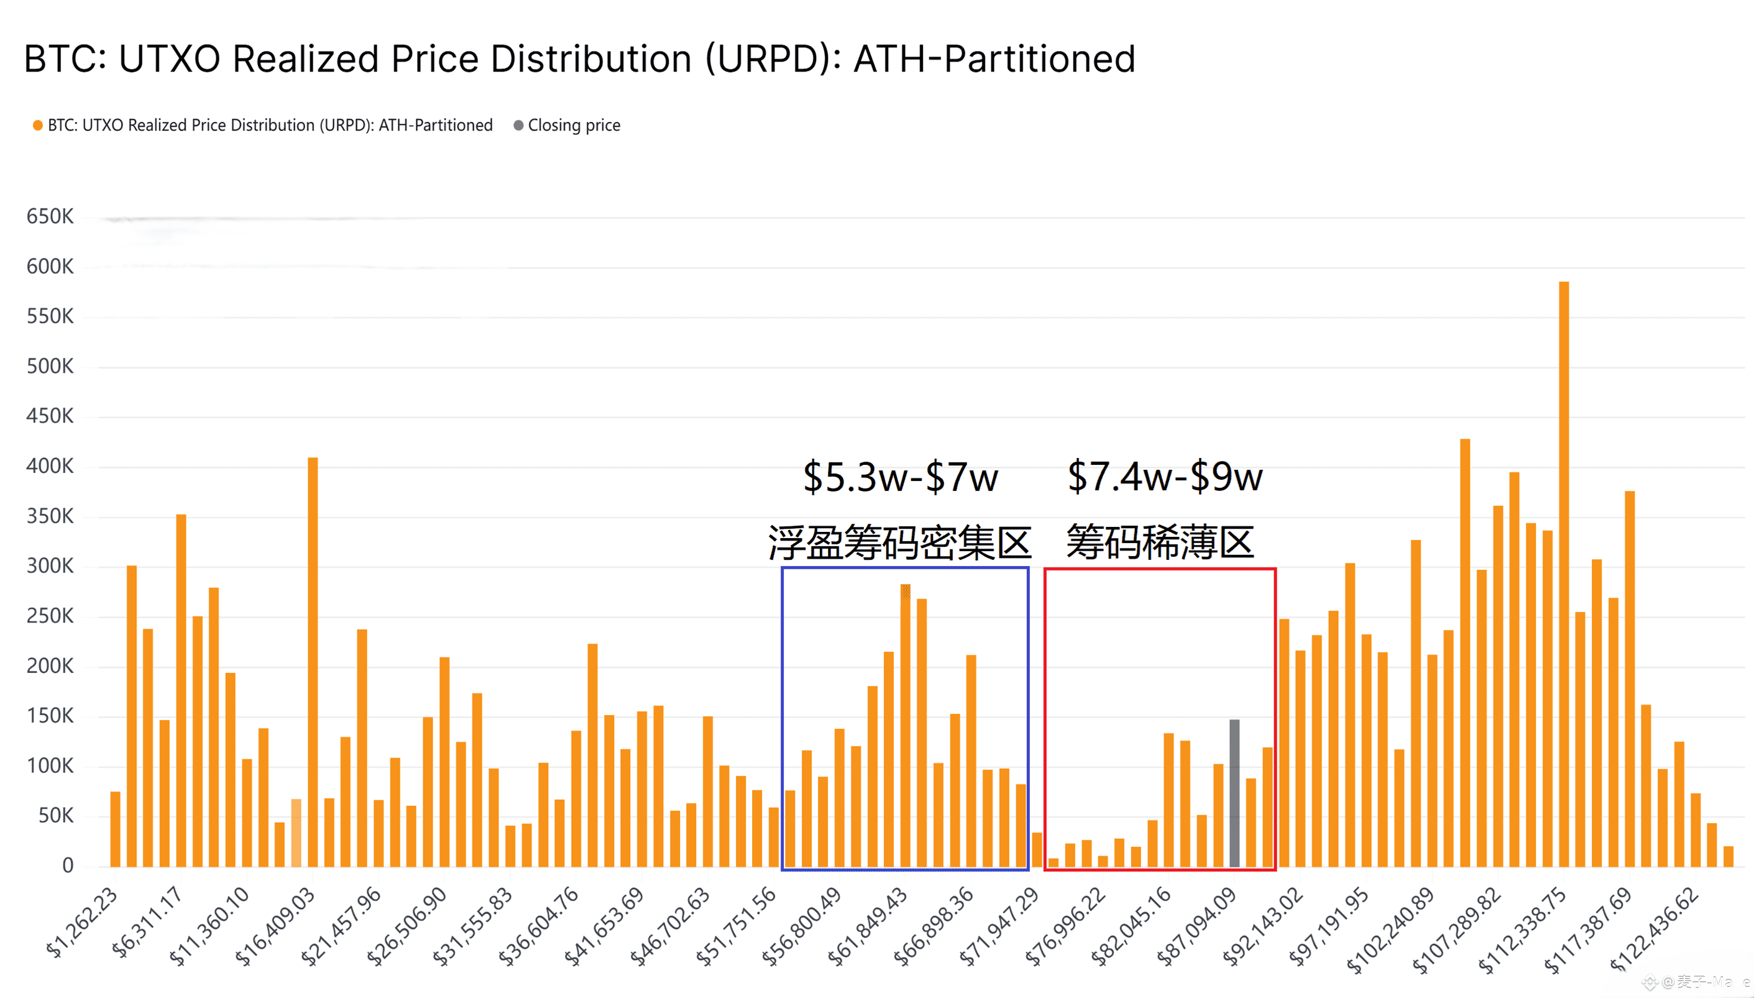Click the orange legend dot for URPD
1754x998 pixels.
click(x=38, y=126)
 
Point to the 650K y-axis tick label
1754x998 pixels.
click(x=49, y=217)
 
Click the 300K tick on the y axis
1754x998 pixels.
click(x=49, y=566)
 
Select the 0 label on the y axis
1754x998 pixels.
click(x=67, y=866)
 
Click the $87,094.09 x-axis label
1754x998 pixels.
click(x=1196, y=925)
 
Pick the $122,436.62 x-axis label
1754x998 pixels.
click(x=1654, y=927)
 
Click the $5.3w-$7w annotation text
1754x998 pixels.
click(x=900, y=477)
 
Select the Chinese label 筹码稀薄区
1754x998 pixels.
click(x=1160, y=542)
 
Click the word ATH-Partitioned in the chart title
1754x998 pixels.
click(x=994, y=59)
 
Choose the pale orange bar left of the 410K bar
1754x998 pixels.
click(x=296, y=832)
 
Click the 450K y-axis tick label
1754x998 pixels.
click(x=49, y=416)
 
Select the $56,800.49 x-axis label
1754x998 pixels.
click(x=802, y=925)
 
